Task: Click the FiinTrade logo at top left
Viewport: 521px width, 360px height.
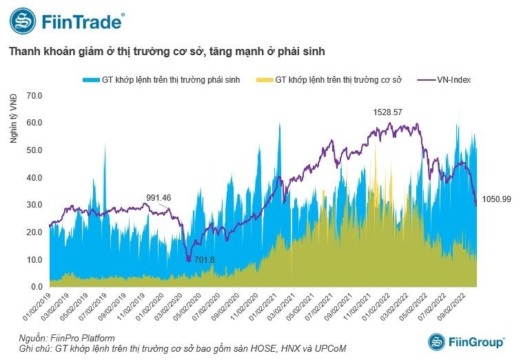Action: coord(67,21)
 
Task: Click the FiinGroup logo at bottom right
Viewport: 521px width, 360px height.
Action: coord(467,342)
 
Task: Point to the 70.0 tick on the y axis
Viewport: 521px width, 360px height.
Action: coord(34,95)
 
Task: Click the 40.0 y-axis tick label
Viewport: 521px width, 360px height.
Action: coord(34,177)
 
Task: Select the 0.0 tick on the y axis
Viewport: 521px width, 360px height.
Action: coord(37,287)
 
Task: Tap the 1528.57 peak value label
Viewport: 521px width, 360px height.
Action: coord(387,112)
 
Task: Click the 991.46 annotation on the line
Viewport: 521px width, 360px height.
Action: coord(158,197)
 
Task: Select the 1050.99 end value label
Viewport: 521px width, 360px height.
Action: coord(494,199)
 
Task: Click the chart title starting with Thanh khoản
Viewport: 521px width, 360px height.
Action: coord(166,52)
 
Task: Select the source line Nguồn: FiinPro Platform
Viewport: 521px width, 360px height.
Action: coord(67,339)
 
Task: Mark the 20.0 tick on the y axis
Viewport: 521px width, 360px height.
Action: coord(34,232)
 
